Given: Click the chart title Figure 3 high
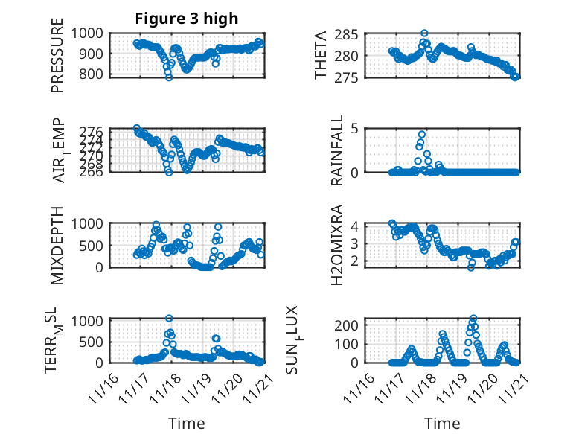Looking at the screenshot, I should [187, 19].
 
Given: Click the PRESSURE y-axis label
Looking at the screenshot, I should [57, 55].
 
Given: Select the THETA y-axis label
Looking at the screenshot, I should [321, 55].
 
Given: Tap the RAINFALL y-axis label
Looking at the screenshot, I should [337, 150].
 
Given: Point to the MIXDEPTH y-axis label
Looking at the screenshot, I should [57, 245].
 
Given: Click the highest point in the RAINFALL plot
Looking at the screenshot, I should [422, 135].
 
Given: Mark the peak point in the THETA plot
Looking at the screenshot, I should [424, 33].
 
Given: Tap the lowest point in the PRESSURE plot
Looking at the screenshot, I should [169, 77].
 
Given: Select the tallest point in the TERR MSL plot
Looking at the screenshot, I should [169, 319].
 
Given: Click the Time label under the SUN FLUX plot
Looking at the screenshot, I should [442, 423].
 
